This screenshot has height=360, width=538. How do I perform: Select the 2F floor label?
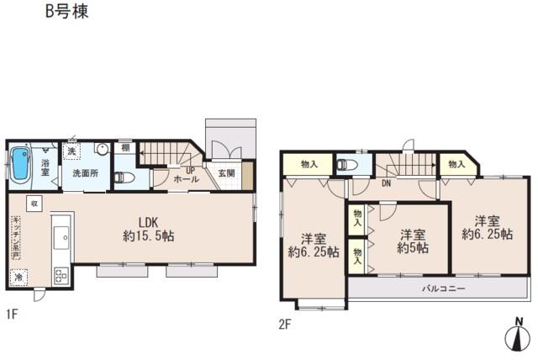[x=286, y=323]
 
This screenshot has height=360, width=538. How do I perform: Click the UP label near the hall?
[x=191, y=170]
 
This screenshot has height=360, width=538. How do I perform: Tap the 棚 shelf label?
[x=124, y=147]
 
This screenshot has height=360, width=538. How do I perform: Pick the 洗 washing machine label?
[x=71, y=151]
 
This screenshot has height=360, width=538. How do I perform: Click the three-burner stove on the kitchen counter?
[x=61, y=273]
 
